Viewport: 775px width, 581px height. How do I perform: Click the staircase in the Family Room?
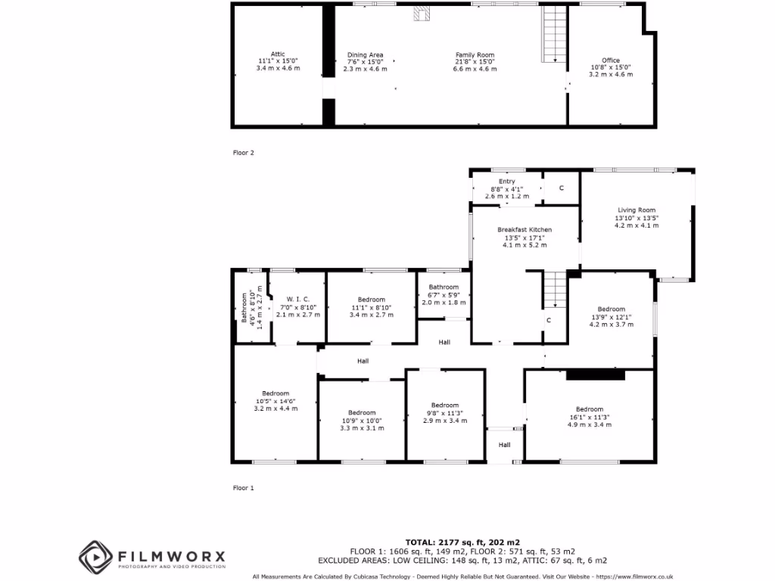(555, 35)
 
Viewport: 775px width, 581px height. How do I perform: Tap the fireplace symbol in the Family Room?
(421, 14)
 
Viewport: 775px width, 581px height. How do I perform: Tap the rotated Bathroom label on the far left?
(244, 308)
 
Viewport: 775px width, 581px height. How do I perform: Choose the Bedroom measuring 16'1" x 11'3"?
(589, 417)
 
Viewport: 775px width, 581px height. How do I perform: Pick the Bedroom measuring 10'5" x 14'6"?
(275, 400)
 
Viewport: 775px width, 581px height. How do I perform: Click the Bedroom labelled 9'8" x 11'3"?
(444, 412)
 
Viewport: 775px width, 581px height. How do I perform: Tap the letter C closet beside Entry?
(561, 188)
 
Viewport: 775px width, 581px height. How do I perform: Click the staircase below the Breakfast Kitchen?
(555, 290)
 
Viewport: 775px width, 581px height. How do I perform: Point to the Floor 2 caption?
(243, 153)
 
